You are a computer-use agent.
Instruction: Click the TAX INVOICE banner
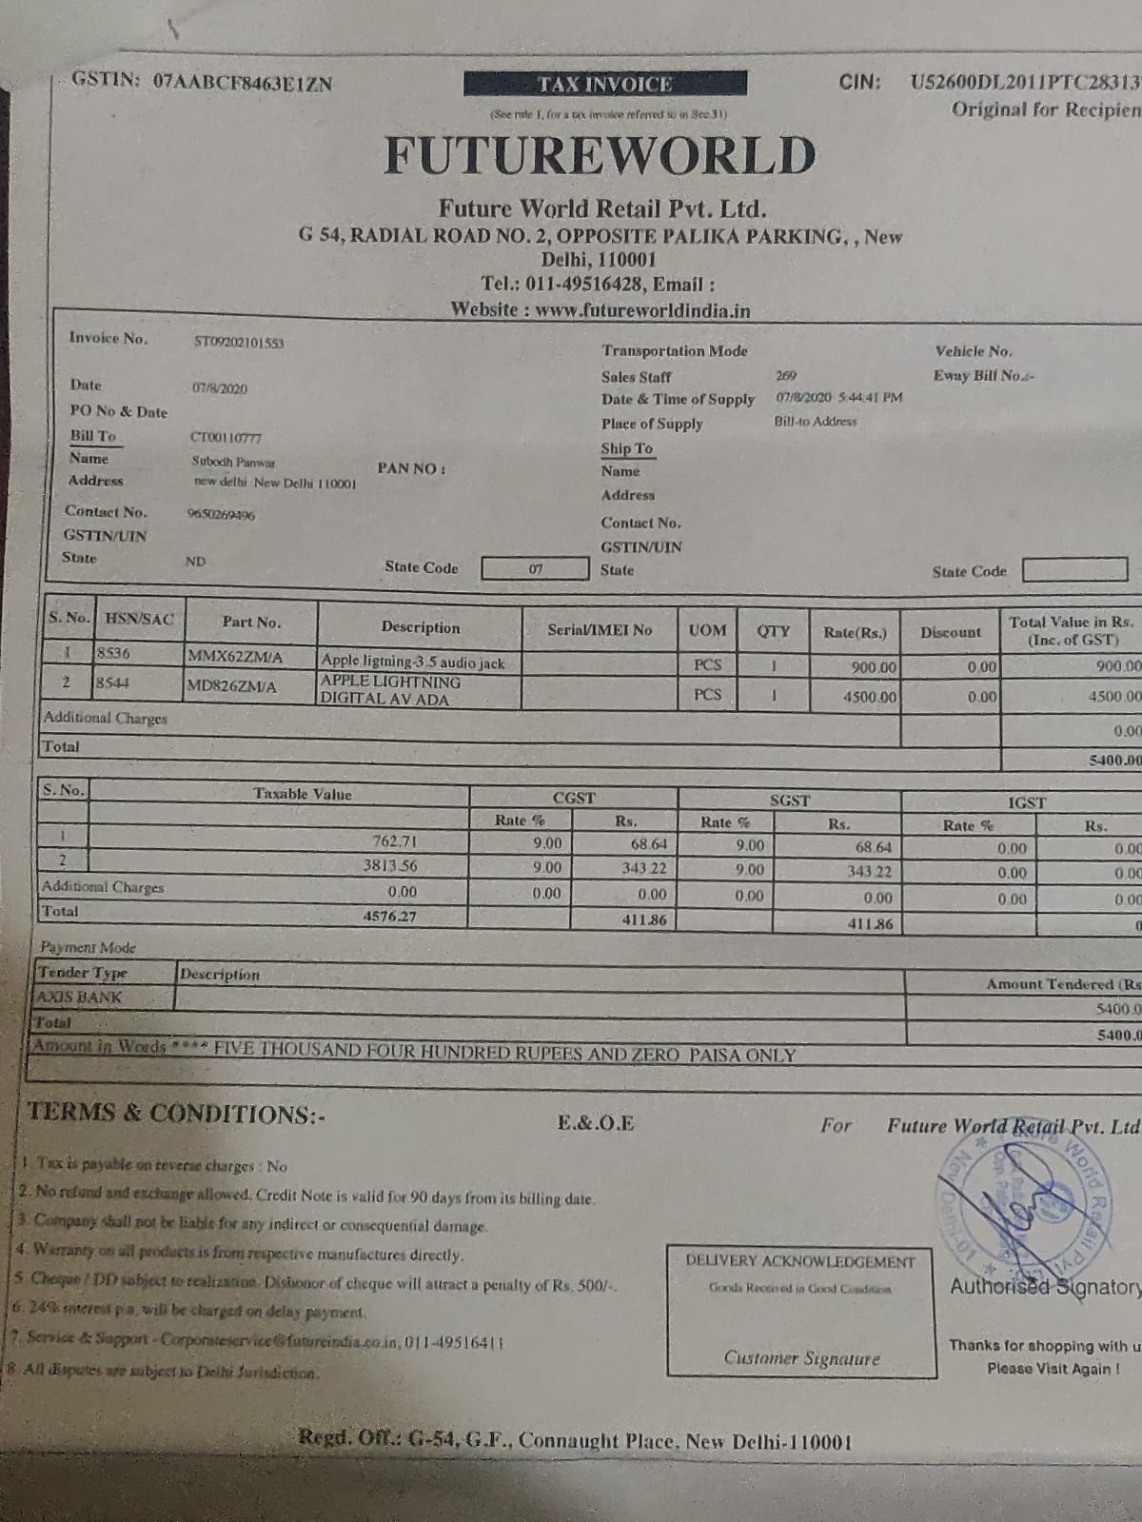[605, 85]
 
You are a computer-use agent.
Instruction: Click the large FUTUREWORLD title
[600, 156]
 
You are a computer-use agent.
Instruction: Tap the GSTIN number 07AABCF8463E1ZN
[242, 83]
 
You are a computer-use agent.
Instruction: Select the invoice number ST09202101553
[239, 343]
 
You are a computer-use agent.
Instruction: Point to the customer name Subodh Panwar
[233, 462]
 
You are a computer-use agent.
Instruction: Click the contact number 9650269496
[221, 515]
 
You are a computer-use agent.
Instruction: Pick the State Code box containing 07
[535, 569]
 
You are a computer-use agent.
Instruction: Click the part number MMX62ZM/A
[235, 658]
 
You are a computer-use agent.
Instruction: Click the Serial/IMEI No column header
[600, 630]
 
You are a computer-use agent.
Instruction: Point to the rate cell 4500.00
[869, 697]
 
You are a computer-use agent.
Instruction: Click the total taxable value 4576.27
[390, 917]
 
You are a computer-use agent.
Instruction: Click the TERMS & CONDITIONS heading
[176, 1114]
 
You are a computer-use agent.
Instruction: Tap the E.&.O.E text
[596, 1123]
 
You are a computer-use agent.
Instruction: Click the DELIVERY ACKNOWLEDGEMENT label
[800, 1261]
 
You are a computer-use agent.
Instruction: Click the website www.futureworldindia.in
[642, 310]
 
